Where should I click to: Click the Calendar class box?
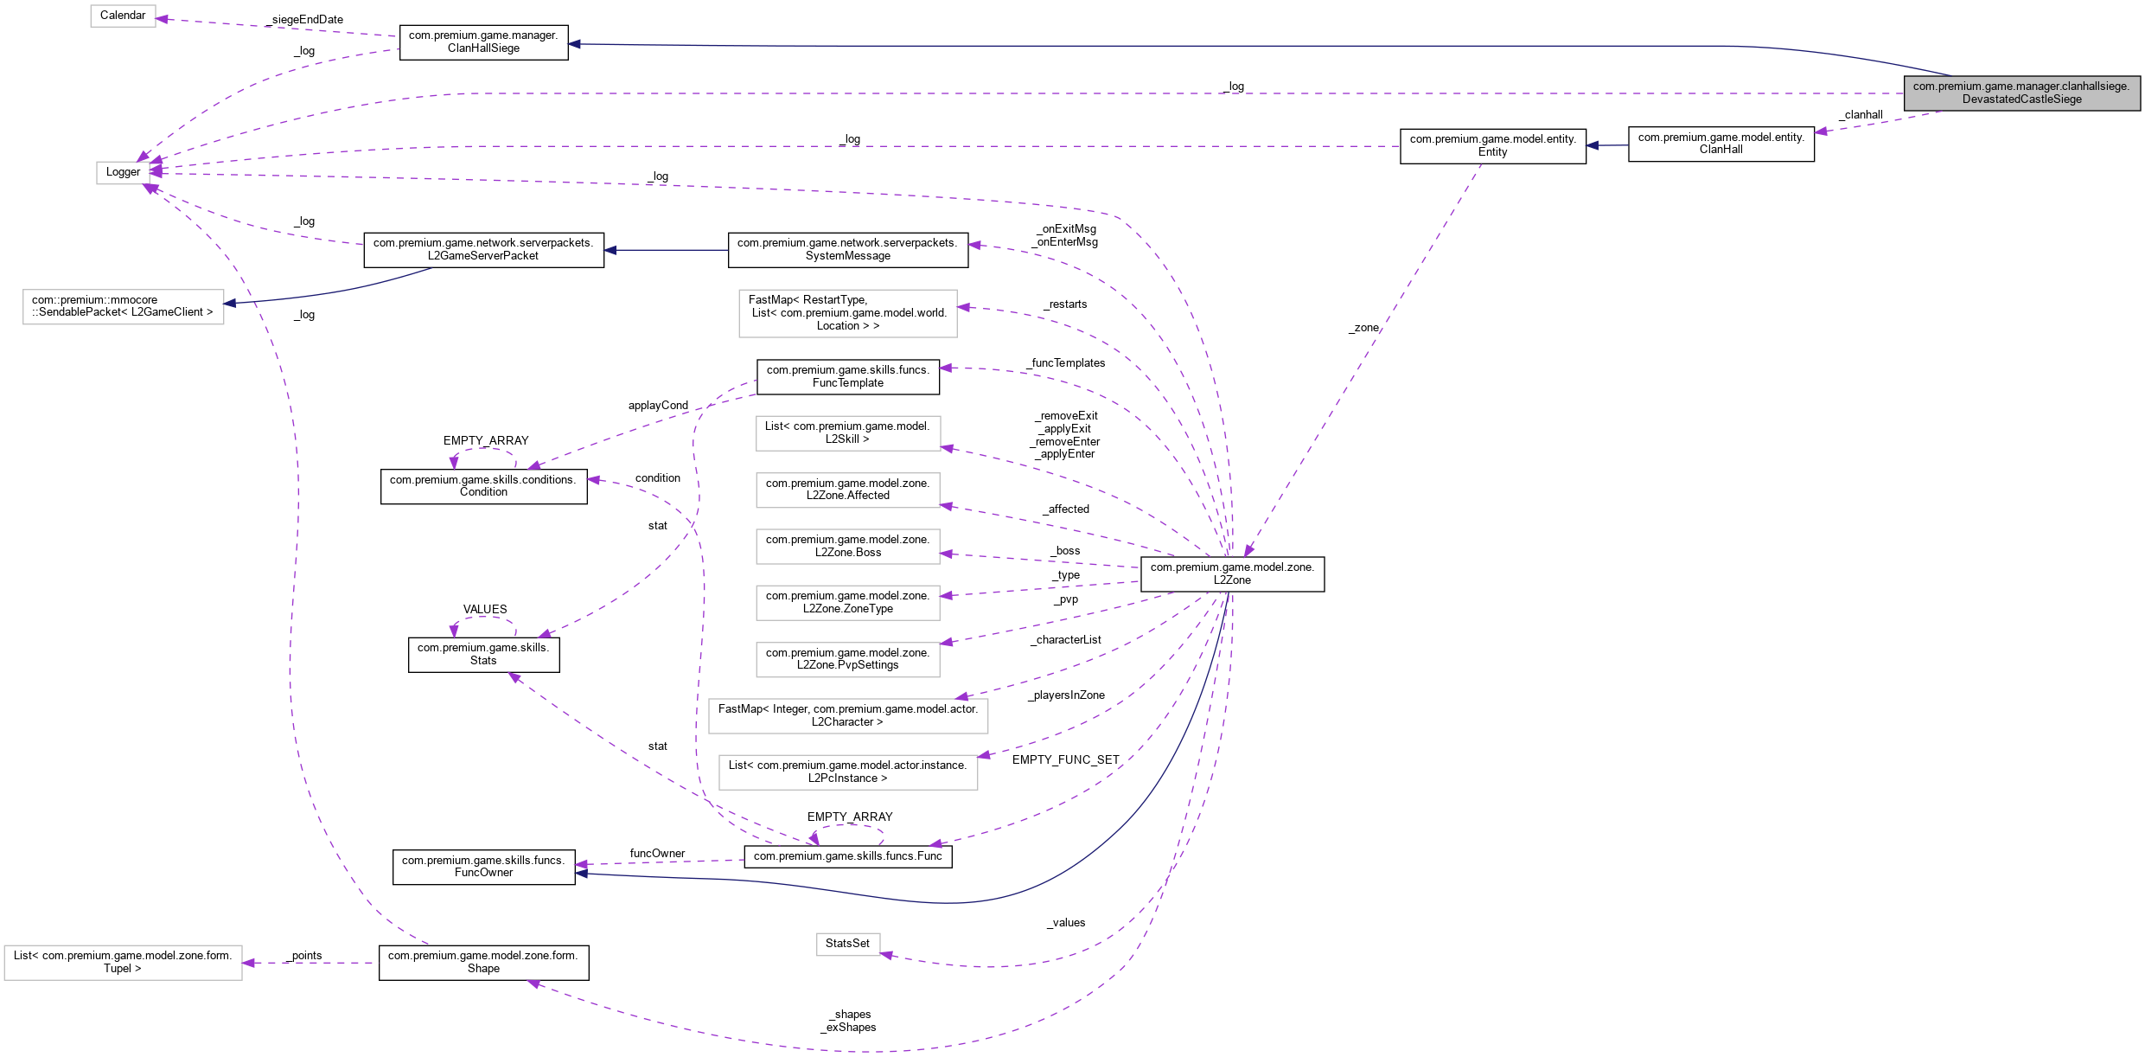123,16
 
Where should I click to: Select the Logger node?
123,172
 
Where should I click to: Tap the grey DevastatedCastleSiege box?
2021,93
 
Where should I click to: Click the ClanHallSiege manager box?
483,42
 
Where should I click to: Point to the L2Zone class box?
1232,573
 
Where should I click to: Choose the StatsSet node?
847,944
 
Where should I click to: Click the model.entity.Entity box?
1492,145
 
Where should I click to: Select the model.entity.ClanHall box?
1720,144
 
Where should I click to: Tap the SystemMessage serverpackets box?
847,249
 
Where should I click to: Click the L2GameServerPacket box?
483,249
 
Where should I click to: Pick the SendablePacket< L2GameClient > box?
123,306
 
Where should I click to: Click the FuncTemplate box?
847,376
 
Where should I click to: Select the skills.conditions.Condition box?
483,486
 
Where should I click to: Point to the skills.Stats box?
483,654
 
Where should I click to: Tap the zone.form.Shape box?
483,962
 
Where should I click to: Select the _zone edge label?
1363,328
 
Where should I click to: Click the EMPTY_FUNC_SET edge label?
1065,760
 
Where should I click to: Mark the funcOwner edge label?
657,854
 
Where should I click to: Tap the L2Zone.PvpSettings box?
847,659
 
